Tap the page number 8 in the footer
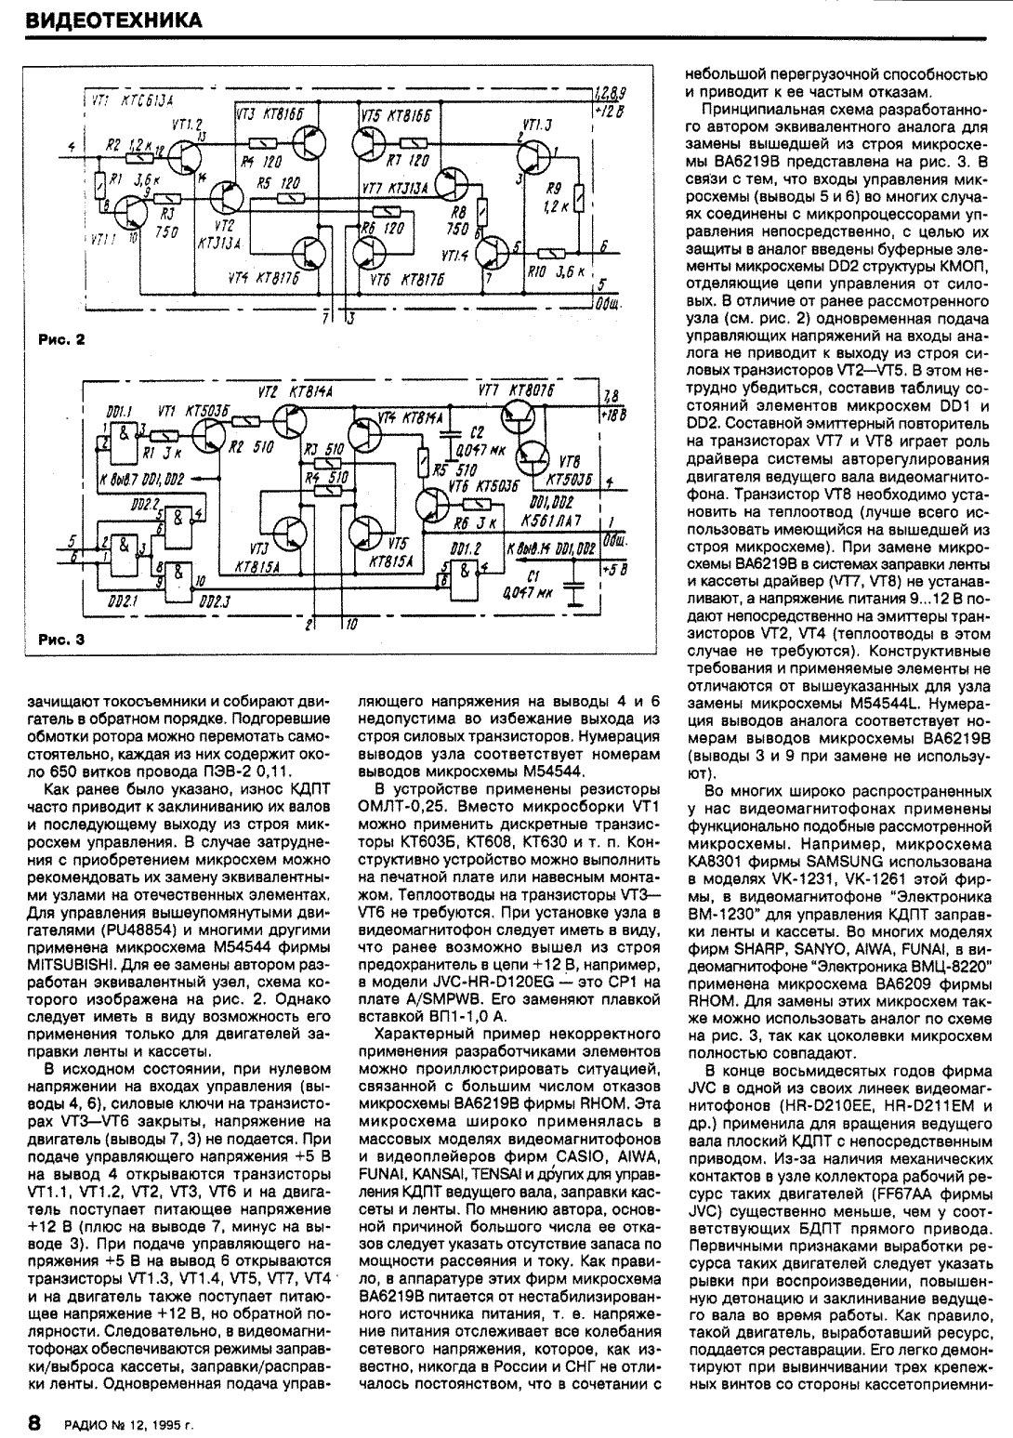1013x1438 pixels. click(34, 1421)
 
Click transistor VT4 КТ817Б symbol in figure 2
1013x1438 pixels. click(308, 251)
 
